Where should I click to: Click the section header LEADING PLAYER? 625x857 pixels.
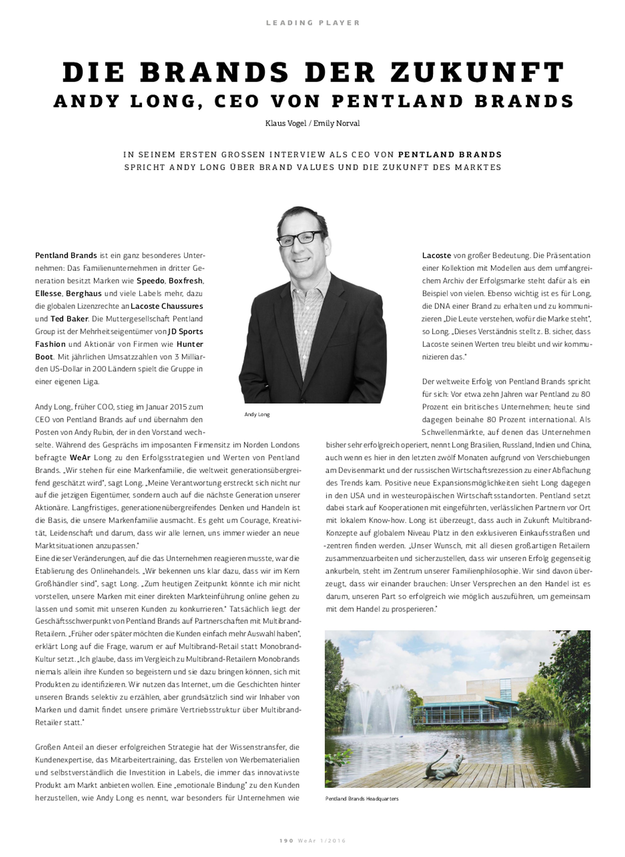pos(312,23)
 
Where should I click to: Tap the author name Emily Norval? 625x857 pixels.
pos(336,123)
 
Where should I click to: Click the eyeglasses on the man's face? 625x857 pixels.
pos(301,238)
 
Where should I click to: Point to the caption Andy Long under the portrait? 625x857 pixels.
pos(257,414)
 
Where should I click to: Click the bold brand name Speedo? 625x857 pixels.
pos(150,281)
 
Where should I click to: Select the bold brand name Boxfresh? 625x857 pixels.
pos(185,281)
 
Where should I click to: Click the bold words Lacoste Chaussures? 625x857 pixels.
pos(167,306)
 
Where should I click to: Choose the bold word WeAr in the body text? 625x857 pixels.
pos(80,457)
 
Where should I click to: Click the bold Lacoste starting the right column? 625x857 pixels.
pos(436,255)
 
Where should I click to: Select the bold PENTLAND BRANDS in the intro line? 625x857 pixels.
pos(450,154)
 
